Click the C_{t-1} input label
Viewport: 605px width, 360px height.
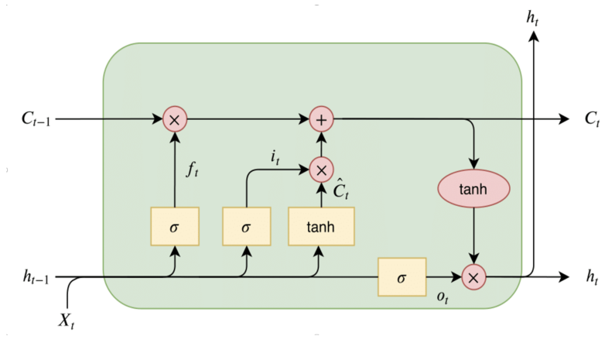tap(35, 120)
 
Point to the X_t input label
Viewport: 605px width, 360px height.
tap(67, 320)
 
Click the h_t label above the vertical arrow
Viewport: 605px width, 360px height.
tap(533, 17)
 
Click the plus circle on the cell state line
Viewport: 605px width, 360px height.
tap(320, 120)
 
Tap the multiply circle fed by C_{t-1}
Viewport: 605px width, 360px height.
tap(174, 120)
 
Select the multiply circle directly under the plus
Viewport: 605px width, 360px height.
tap(320, 168)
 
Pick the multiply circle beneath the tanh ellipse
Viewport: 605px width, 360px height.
tap(473, 276)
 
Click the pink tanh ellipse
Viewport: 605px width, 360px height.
tap(473, 190)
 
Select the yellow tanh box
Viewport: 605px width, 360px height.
tap(320, 226)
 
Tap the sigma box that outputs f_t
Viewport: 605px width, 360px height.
tap(174, 226)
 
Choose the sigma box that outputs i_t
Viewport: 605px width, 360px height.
tap(246, 226)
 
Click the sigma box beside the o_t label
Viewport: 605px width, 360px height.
tap(402, 276)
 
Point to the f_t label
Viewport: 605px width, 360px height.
tap(193, 170)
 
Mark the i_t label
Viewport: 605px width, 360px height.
tap(275, 157)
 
